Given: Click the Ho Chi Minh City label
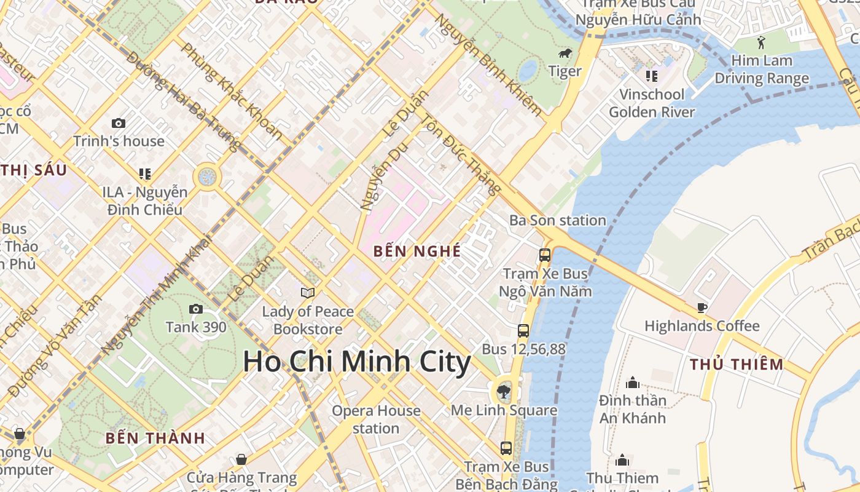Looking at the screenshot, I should (356, 362).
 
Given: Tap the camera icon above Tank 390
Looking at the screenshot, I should (196, 309).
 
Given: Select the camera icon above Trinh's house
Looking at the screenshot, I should (119, 123).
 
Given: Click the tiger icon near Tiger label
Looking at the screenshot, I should (565, 54).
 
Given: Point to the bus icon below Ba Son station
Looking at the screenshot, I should (544, 255).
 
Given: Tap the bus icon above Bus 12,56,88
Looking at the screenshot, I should (523, 330).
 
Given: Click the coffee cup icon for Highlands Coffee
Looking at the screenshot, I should (702, 307).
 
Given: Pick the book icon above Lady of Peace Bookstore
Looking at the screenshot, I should (308, 293).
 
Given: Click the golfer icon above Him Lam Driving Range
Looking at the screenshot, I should (762, 42).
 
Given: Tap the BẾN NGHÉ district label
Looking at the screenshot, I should (417, 251).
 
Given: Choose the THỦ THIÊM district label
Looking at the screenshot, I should (737, 364).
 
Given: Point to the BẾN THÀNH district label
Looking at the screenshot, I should (155, 438).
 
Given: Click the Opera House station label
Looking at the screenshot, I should (376, 419).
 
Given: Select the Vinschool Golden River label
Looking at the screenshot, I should (652, 103).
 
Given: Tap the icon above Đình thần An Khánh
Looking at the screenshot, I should (632, 383).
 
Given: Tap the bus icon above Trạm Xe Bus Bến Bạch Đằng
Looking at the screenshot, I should (506, 448).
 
